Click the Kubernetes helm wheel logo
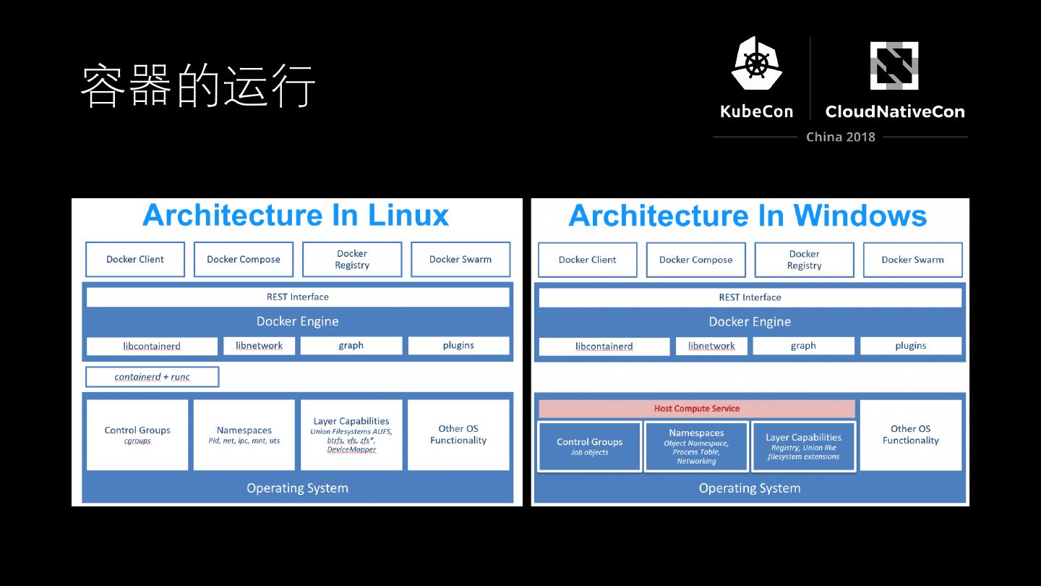click(x=756, y=64)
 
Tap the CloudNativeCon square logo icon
click(x=894, y=66)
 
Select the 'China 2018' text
click(x=841, y=137)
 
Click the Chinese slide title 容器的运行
click(x=198, y=86)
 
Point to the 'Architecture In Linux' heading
click(x=296, y=216)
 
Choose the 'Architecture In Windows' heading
click(x=747, y=216)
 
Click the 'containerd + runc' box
click(x=152, y=377)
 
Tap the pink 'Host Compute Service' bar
click(x=696, y=409)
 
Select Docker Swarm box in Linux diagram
click(x=460, y=260)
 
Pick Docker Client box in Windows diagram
click(x=587, y=260)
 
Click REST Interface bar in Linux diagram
click(x=297, y=297)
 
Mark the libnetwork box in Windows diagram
click(x=711, y=346)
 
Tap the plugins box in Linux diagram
click(x=458, y=346)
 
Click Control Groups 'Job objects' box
click(x=589, y=446)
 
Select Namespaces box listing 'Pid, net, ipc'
click(x=244, y=435)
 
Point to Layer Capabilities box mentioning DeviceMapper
click(x=351, y=435)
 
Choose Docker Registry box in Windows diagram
click(x=804, y=260)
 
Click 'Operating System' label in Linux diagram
click(x=297, y=488)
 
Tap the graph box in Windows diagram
click(x=803, y=346)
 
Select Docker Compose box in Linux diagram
click(x=244, y=260)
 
